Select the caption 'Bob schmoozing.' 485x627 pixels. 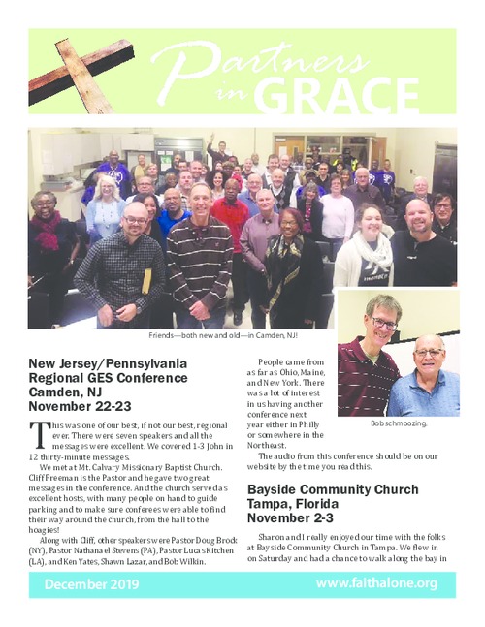[399, 424]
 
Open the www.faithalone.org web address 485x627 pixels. [376, 583]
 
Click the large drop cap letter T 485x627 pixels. [38, 434]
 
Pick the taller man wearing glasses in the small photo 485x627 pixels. [373, 359]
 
